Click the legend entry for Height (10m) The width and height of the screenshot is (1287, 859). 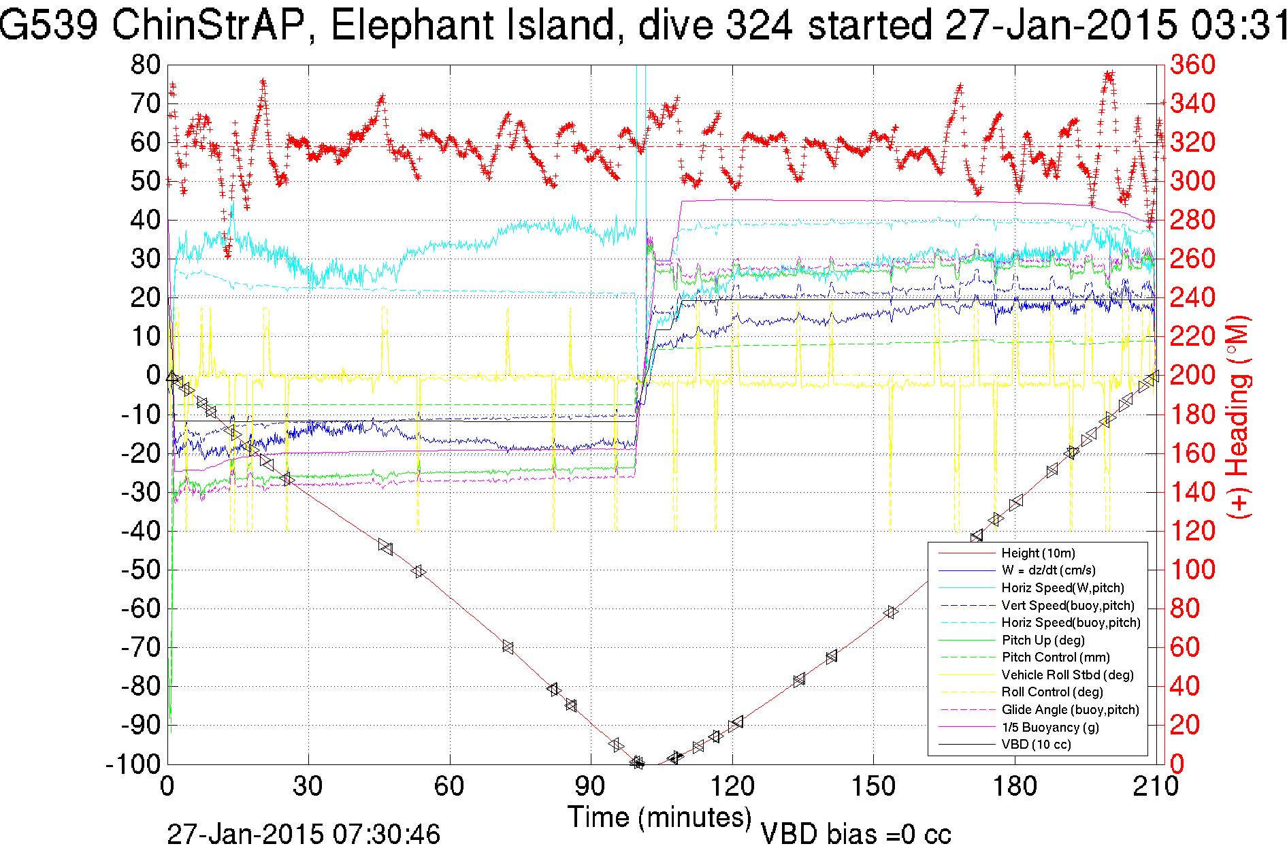[1038, 553]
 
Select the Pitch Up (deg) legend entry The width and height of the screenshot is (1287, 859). [1043, 640]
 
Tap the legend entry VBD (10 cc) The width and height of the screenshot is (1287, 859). [1036, 744]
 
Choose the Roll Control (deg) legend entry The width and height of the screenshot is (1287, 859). [1052, 692]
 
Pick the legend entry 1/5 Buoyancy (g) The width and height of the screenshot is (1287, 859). [1050, 727]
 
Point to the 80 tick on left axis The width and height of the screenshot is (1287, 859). [146, 65]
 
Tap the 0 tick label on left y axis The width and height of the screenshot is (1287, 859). [152, 375]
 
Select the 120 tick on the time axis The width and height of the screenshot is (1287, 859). [732, 787]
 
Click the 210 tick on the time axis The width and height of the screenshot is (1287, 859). [1155, 787]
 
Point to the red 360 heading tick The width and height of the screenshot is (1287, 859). [1192, 65]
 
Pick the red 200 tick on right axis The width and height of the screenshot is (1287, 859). [1192, 375]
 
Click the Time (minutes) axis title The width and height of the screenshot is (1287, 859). [659, 817]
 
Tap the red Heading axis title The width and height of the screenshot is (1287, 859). [1239, 417]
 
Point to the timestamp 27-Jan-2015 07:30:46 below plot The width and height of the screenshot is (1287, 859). [304, 834]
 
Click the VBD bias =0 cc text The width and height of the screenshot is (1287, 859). [856, 834]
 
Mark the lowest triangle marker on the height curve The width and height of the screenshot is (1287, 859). [638, 762]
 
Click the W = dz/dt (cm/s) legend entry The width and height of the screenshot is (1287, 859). [1048, 570]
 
